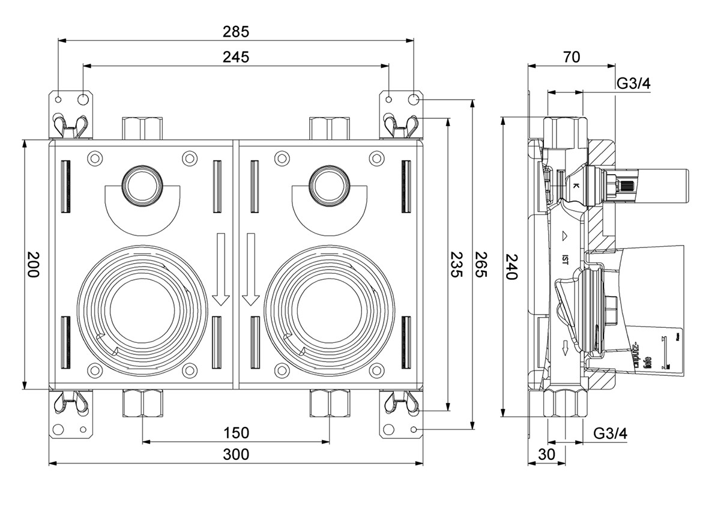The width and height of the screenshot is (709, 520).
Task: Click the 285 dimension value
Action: pyautogui.click(x=236, y=31)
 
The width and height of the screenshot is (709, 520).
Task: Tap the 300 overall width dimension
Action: pyautogui.click(x=236, y=455)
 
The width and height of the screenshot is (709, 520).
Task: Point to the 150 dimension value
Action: pyautogui.click(x=236, y=433)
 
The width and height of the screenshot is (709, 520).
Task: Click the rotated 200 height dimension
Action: pyautogui.click(x=32, y=265)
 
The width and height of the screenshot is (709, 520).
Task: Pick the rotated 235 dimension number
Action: pyautogui.click(x=456, y=265)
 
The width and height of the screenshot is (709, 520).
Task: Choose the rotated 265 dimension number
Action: pyautogui.click(x=480, y=265)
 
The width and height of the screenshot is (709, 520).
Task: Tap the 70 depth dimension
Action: pyautogui.click(x=572, y=57)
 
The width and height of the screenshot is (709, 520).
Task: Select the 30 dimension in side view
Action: pyautogui.click(x=546, y=455)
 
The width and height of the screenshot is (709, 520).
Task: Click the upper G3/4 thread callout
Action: pyautogui.click(x=634, y=83)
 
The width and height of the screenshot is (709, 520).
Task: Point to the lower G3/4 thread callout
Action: pyautogui.click(x=611, y=433)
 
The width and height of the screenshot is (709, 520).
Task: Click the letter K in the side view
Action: pyautogui.click(x=575, y=186)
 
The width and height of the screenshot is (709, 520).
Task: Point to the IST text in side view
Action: pyautogui.click(x=565, y=259)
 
